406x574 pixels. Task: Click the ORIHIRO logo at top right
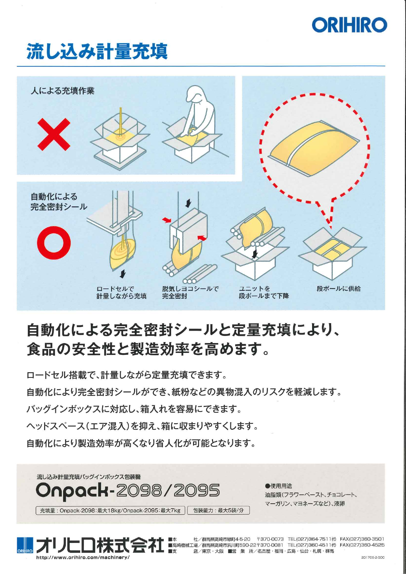(x=349, y=25)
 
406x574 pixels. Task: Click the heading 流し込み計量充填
(x=97, y=52)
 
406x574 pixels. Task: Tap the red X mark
(x=54, y=134)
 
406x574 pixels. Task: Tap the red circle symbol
(x=54, y=243)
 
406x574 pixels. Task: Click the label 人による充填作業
(x=62, y=91)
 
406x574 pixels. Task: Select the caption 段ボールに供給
(x=338, y=288)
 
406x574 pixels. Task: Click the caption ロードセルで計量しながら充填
(x=121, y=292)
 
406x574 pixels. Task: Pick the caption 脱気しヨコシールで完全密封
(x=190, y=292)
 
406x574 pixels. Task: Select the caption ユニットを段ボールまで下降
(x=264, y=292)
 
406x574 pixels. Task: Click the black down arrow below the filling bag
(x=123, y=274)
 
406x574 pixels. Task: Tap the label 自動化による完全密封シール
(x=59, y=201)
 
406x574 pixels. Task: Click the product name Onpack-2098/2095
(x=128, y=491)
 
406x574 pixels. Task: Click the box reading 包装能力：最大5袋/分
(x=218, y=510)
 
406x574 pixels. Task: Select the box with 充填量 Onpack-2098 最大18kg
(x=110, y=510)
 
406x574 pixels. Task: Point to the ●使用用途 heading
(x=278, y=486)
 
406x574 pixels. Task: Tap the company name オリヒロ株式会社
(x=100, y=545)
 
